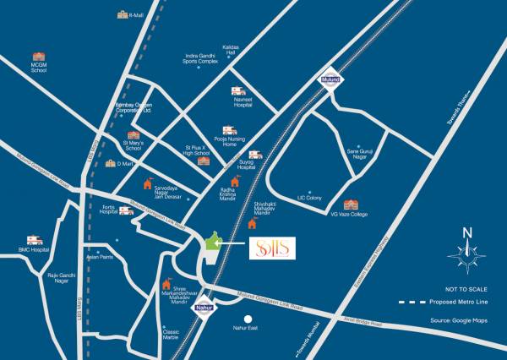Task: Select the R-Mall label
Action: (136, 15)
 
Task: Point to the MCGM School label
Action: (39, 68)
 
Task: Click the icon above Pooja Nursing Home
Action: (229, 131)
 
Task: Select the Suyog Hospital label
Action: (246, 167)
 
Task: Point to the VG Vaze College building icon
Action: (351, 205)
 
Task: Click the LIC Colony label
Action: (309, 198)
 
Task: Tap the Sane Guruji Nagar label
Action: (359, 152)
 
